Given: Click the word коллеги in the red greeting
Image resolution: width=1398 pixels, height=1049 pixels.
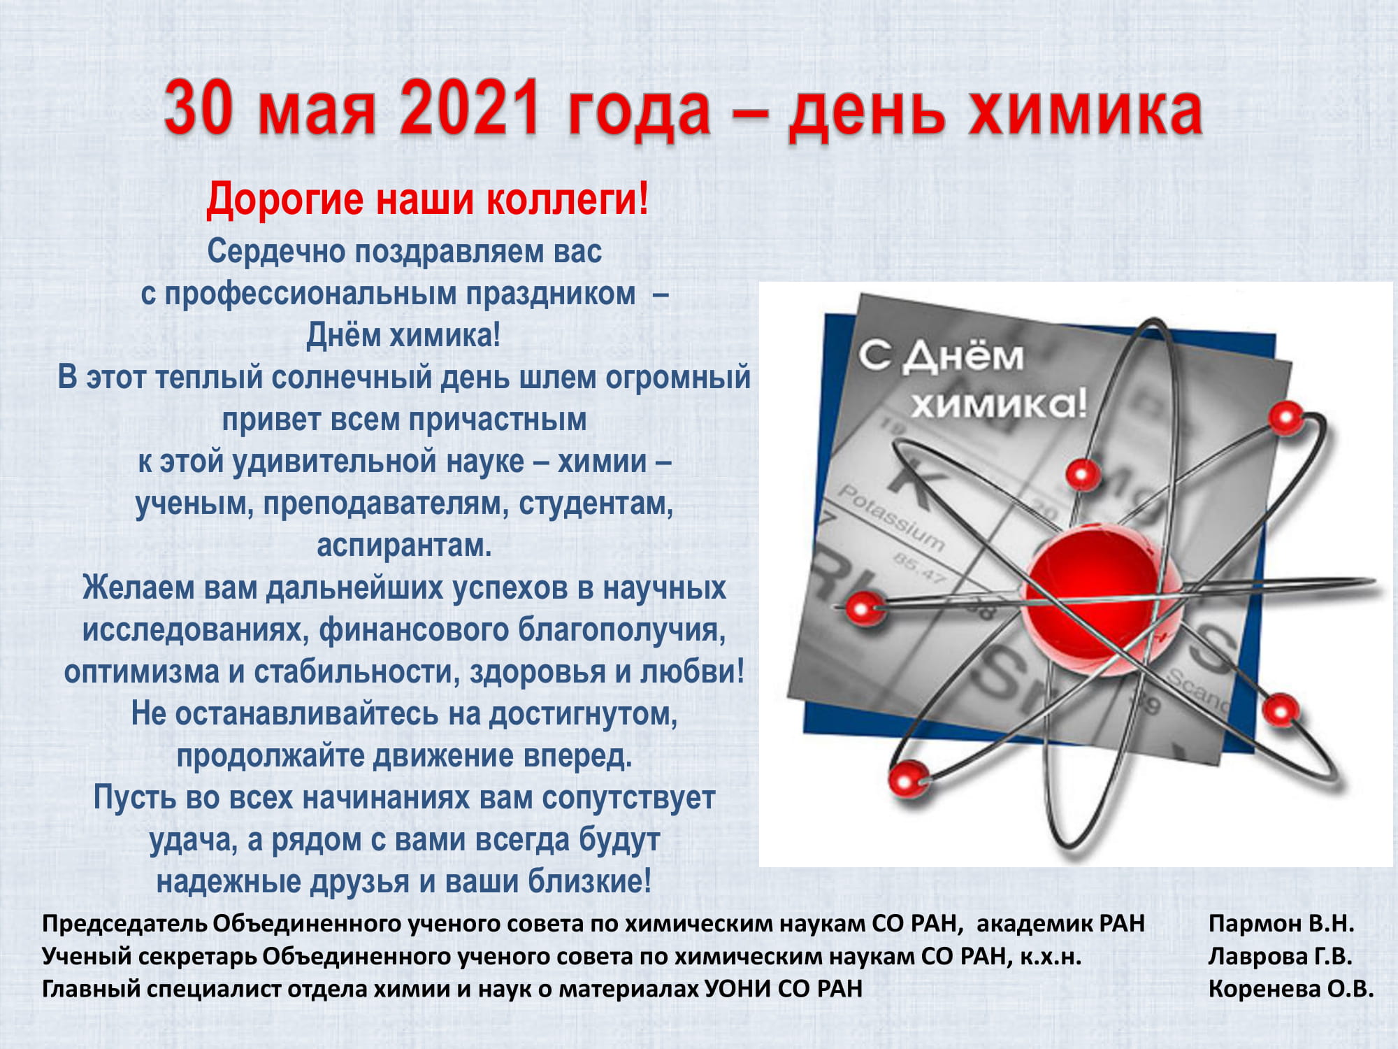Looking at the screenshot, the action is click(x=561, y=200).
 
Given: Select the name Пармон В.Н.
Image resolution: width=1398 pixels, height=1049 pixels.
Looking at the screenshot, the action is click(x=1281, y=923).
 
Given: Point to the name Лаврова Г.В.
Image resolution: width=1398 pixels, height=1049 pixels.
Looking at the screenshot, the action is click(x=1280, y=956).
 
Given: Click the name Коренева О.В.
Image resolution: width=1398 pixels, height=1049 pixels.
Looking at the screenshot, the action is click(x=1291, y=989).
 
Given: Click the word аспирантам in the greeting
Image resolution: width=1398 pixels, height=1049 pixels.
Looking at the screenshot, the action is click(x=404, y=545).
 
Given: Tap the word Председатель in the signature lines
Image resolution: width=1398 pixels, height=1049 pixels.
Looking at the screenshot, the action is click(x=124, y=924).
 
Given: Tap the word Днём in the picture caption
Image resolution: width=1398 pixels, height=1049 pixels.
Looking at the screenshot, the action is click(x=963, y=357).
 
